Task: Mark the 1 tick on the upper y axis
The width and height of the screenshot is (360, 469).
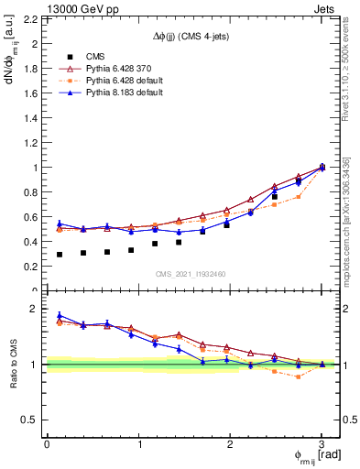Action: point(38,168)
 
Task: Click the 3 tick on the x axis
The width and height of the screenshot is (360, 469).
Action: point(322,444)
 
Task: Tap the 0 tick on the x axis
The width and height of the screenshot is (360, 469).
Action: point(47,444)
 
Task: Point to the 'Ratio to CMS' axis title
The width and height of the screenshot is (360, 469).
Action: point(13,376)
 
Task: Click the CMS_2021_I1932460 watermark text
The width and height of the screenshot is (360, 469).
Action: point(191,274)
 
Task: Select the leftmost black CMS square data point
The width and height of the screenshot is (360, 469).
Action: point(60,255)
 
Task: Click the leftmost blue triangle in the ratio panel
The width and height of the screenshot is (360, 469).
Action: point(60,315)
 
